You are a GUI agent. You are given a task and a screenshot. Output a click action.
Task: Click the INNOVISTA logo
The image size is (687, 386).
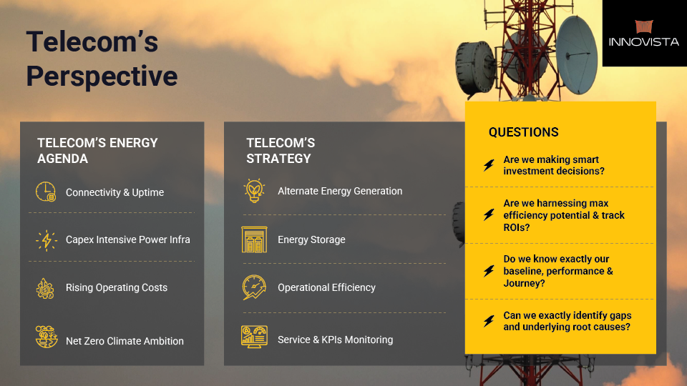(x=643, y=34)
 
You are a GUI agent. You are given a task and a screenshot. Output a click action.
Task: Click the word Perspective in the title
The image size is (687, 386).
(x=102, y=76)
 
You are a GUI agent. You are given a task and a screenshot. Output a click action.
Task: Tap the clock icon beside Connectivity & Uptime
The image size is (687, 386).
(x=46, y=192)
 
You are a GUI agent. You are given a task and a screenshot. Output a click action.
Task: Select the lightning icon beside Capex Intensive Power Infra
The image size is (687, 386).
(x=46, y=240)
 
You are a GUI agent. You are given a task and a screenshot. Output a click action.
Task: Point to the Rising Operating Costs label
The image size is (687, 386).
(x=117, y=287)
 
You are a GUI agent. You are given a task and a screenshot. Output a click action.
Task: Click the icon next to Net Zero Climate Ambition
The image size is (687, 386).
(x=47, y=337)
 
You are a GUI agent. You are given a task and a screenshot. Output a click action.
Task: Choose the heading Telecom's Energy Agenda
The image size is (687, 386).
(x=97, y=151)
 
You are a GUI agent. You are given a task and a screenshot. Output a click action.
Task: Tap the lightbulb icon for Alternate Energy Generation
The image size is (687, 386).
(x=254, y=191)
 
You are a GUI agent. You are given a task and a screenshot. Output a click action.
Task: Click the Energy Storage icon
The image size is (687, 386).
(x=254, y=239)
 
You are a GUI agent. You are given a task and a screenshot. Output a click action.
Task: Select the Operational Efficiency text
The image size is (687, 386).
(x=326, y=287)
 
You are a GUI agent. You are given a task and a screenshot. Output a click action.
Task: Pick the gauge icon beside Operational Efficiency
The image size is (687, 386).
(x=254, y=287)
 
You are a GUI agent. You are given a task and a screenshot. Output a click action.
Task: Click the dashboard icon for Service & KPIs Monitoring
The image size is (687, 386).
(x=254, y=337)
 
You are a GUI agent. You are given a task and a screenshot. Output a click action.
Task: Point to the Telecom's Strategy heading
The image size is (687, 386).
(x=281, y=151)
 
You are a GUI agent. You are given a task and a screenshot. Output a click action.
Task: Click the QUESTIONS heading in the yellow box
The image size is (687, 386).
(x=524, y=132)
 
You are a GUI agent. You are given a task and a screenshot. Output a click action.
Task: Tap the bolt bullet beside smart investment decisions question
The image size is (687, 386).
(x=489, y=165)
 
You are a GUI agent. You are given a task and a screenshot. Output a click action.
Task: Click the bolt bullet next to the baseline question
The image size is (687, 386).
(x=489, y=271)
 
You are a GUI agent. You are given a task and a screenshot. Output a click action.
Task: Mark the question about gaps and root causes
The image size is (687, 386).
(x=567, y=321)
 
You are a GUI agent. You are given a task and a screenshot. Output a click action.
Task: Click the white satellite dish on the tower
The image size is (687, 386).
(x=578, y=55)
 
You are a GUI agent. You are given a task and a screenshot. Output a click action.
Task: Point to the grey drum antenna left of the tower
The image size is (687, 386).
(x=476, y=68)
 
